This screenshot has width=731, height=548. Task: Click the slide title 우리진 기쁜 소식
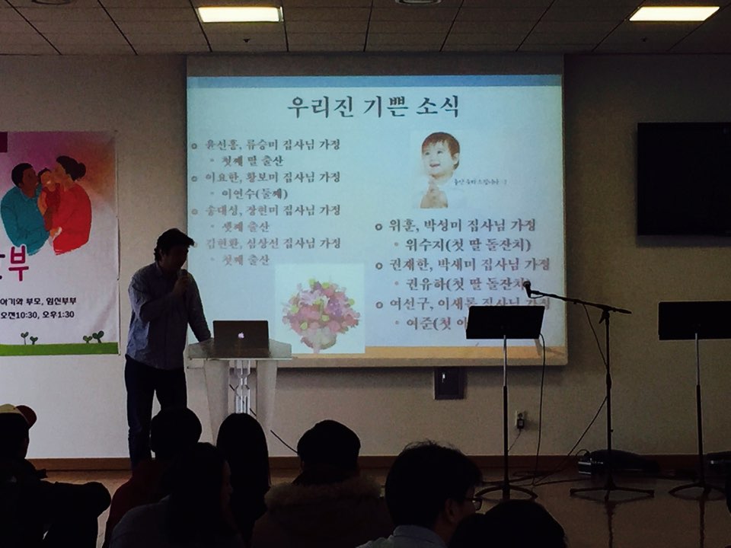coord(373,107)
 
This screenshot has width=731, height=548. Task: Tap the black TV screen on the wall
coord(684,179)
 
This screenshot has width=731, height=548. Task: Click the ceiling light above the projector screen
coord(239,14)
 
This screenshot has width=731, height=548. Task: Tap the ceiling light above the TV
coord(673,13)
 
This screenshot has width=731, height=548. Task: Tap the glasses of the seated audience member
coord(474,502)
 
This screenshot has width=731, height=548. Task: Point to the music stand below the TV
coord(694,320)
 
